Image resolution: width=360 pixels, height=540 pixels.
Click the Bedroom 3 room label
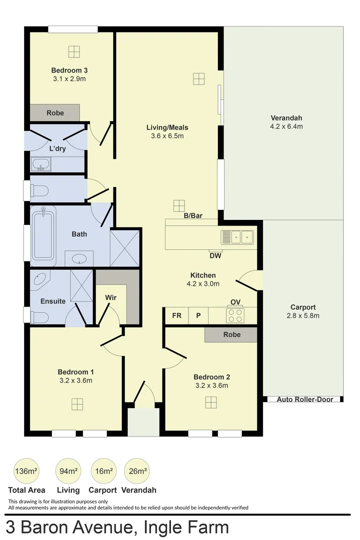[x=69, y=70]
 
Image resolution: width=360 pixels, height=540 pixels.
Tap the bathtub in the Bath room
[x=43, y=235]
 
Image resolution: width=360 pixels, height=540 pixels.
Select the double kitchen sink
[x=237, y=236]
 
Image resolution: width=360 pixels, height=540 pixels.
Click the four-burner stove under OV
[x=235, y=315]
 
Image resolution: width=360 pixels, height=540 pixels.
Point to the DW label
[x=216, y=256]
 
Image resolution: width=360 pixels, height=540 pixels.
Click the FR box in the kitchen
[x=176, y=315]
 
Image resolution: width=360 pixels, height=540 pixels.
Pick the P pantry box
[x=198, y=315]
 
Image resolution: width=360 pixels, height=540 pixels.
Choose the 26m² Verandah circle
[x=137, y=471]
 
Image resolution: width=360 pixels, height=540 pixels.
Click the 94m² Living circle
[x=68, y=471]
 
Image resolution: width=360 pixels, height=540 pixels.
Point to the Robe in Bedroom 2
[x=231, y=334]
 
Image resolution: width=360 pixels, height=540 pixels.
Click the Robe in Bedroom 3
[x=55, y=112]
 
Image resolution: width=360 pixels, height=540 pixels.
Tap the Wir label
[x=110, y=297]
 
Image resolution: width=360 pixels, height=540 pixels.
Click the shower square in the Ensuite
[x=81, y=285]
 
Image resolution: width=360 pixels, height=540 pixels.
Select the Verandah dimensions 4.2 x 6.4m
[x=286, y=126]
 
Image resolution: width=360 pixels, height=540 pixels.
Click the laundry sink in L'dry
[x=40, y=164]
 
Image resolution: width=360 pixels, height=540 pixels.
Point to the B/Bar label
[x=192, y=216]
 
